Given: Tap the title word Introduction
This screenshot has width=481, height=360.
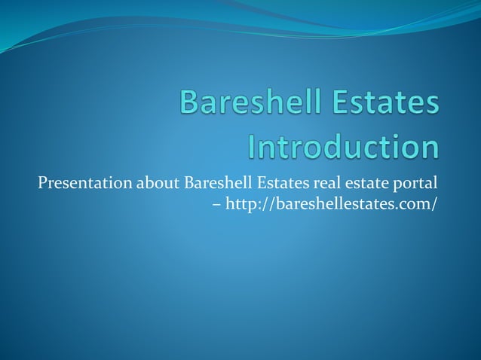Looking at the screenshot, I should (344, 146).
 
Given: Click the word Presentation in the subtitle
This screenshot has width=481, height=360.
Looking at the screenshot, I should (84, 184).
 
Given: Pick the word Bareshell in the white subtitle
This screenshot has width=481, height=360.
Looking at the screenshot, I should (216, 184).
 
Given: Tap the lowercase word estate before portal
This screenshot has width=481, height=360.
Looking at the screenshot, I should (362, 184).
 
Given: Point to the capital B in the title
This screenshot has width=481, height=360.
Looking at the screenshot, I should (191, 104).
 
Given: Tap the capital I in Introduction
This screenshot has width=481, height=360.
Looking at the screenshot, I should (253, 146).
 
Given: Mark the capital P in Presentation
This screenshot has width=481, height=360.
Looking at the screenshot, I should (41, 184).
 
